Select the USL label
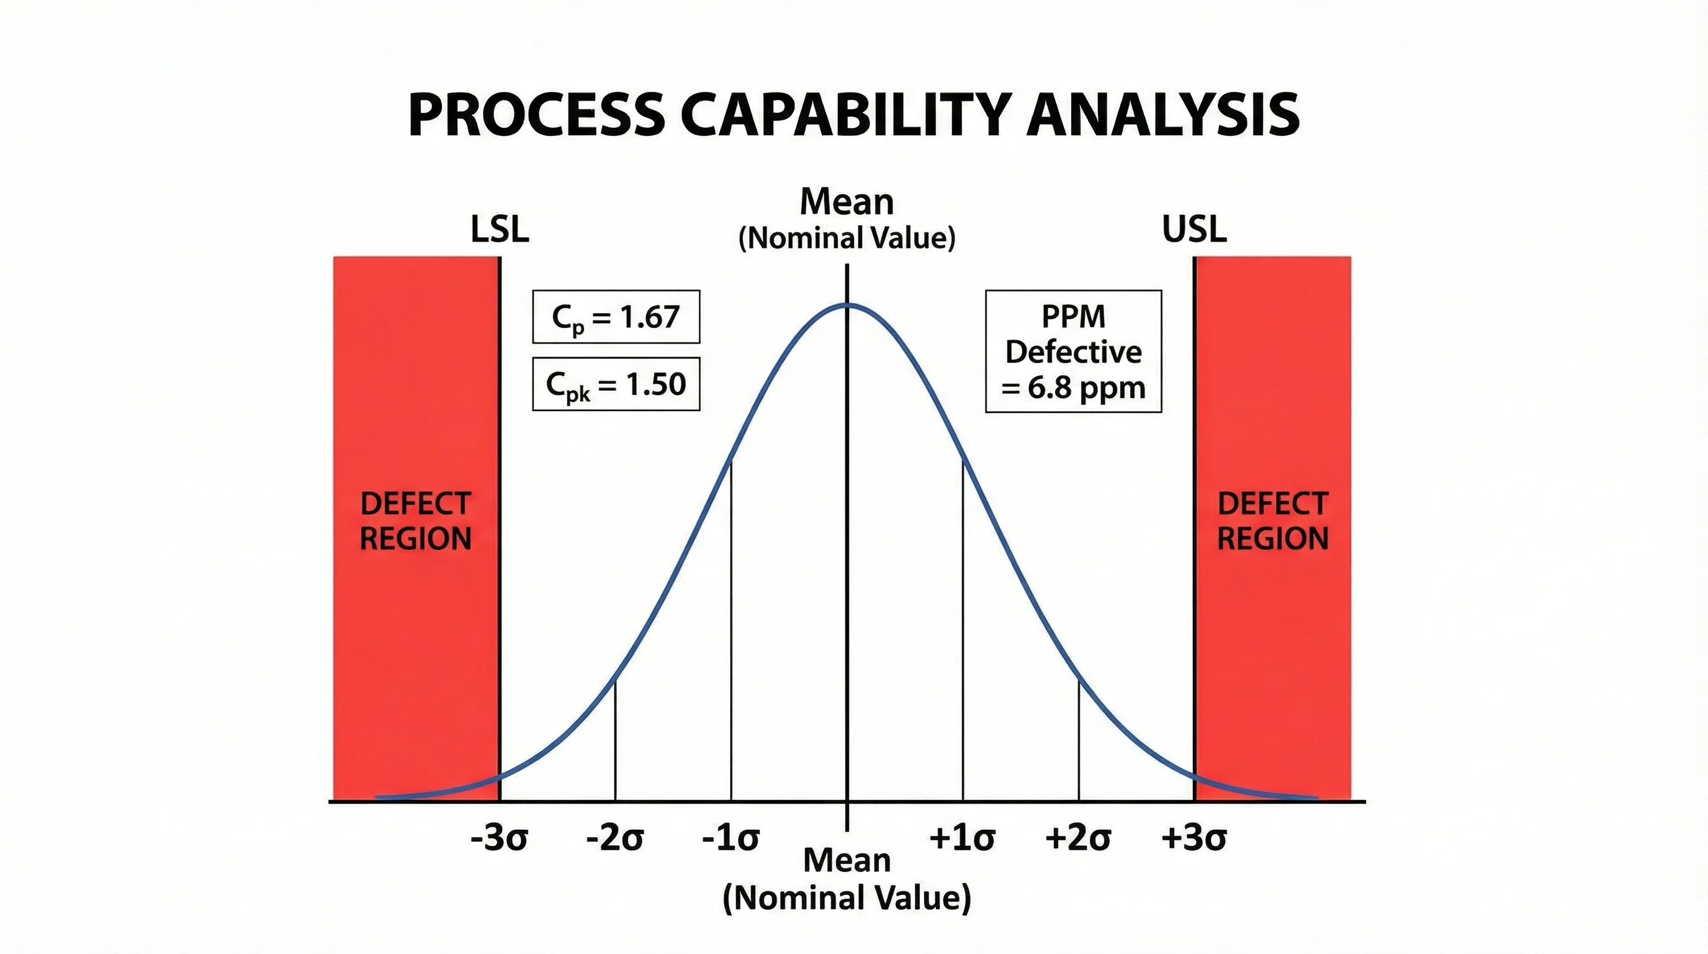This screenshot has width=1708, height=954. point(1194,230)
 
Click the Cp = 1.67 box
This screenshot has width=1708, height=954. point(616,317)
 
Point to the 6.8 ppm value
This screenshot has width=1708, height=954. point(1085,388)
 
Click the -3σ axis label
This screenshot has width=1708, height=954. point(499,838)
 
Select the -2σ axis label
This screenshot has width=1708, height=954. point(615,838)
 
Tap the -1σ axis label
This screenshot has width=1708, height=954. point(730,838)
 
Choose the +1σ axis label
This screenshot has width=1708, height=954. point(962,838)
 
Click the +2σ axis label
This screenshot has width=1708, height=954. point(1078,838)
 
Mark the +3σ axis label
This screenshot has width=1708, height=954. point(1194,838)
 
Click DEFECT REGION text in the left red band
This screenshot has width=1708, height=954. point(416,520)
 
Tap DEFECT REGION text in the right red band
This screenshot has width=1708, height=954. point(1273,520)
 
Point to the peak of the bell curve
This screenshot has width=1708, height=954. point(847,304)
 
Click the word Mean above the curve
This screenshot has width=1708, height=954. point(847,202)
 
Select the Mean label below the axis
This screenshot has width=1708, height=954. point(847,860)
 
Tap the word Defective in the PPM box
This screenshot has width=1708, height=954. point(1074,352)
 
